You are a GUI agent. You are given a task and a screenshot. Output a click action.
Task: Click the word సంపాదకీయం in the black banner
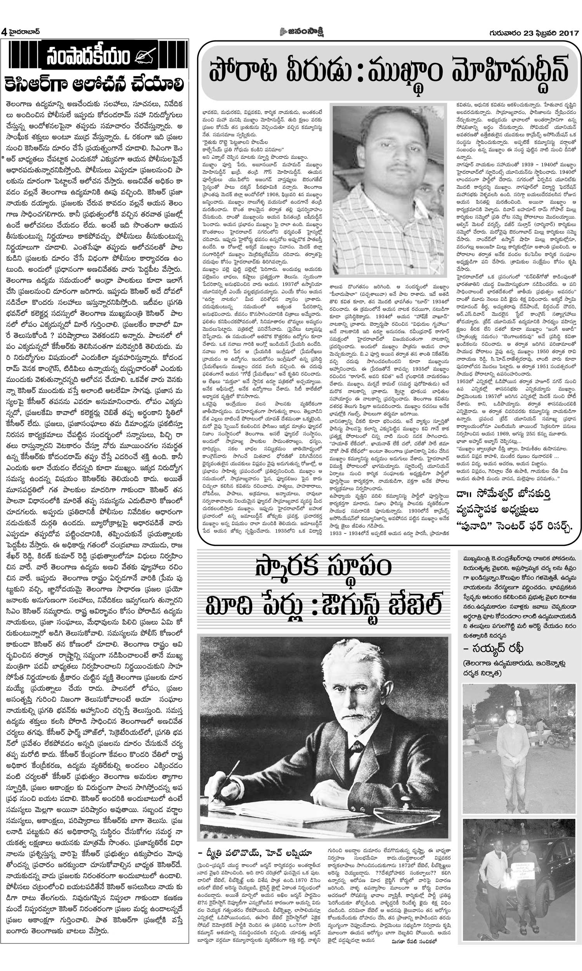tap(89, 58)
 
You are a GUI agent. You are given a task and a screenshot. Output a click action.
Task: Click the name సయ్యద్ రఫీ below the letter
tap(495, 647)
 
